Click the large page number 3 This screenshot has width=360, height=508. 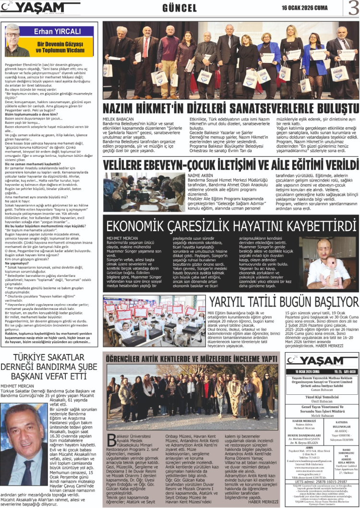pyautogui.click(x=353, y=8)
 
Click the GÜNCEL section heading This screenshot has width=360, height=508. pyautogui.click(x=180, y=8)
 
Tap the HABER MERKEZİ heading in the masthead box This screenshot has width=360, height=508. pyautogui.click(x=304, y=421)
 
